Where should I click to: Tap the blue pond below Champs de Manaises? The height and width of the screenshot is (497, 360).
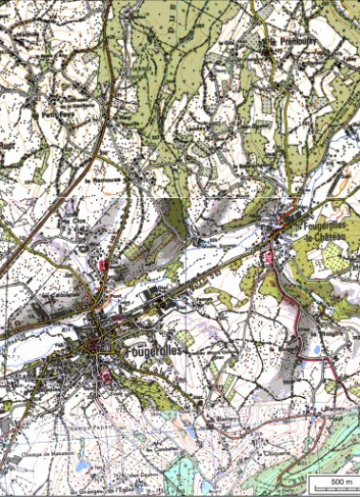tap(81, 467)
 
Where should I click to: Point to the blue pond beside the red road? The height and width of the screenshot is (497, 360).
tap(315, 351)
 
